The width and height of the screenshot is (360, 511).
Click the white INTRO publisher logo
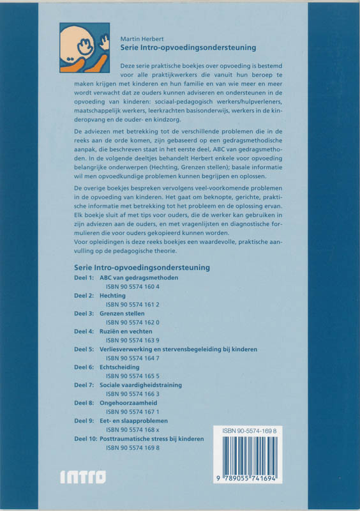point(82,477)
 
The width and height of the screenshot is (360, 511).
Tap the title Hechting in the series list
point(112,296)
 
